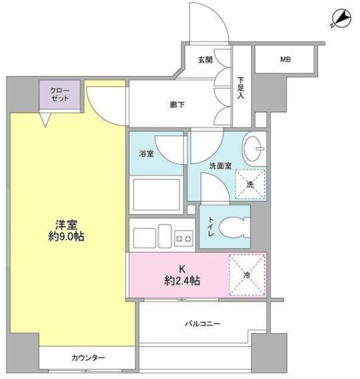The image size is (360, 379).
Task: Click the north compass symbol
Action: pyautogui.click(x=341, y=19)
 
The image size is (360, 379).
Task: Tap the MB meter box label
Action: pyautogui.click(x=285, y=59)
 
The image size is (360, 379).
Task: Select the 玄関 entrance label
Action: pyautogui.click(x=205, y=60)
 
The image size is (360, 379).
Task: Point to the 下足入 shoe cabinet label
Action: pyautogui.click(x=240, y=88)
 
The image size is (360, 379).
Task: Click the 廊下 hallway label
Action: pyautogui.click(x=177, y=105)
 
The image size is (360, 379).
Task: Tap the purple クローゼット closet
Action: pyautogui.click(x=60, y=95)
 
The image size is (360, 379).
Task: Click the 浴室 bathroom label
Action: pyautogui.click(x=147, y=153)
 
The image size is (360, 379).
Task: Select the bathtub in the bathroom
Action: pyautogui.click(x=157, y=194)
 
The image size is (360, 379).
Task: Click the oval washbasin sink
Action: pyautogui.click(x=254, y=149)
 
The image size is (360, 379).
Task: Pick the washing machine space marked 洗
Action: pyautogui.click(x=251, y=185)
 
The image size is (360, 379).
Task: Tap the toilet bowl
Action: pyautogui.click(x=234, y=227)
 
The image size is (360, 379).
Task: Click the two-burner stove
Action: pyautogui.click(x=184, y=238)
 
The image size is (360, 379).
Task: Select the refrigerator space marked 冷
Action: pyautogui.click(x=247, y=275)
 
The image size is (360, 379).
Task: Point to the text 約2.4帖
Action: pyautogui.click(x=182, y=281)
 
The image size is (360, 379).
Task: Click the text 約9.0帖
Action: pyautogui.click(x=66, y=236)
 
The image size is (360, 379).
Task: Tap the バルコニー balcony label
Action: pyautogui.click(x=203, y=324)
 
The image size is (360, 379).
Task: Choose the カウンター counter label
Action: pyautogui.click(x=88, y=358)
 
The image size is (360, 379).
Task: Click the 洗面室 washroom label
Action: pyautogui.click(x=221, y=166)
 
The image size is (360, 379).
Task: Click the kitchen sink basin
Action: pyautogui.click(x=144, y=238)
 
